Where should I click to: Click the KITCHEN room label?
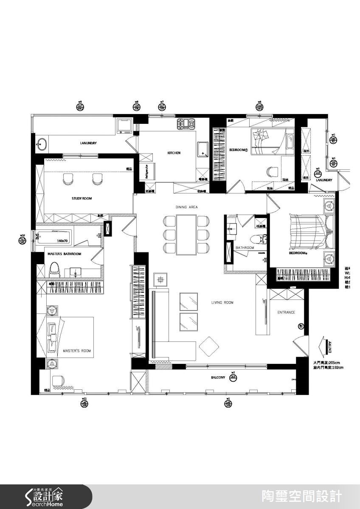coord(174,153)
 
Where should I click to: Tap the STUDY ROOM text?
coord(82,198)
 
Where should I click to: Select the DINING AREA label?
coord(187,207)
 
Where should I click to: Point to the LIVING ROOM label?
coord(222,302)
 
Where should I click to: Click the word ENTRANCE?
coord(286,312)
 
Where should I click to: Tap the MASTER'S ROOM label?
coord(77,351)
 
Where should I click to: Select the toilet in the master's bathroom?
coord(53,268)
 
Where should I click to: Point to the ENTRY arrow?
coord(326,346)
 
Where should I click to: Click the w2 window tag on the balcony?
coord(233,375)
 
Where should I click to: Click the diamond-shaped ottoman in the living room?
coord(208,345)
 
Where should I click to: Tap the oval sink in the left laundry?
coord(41,144)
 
